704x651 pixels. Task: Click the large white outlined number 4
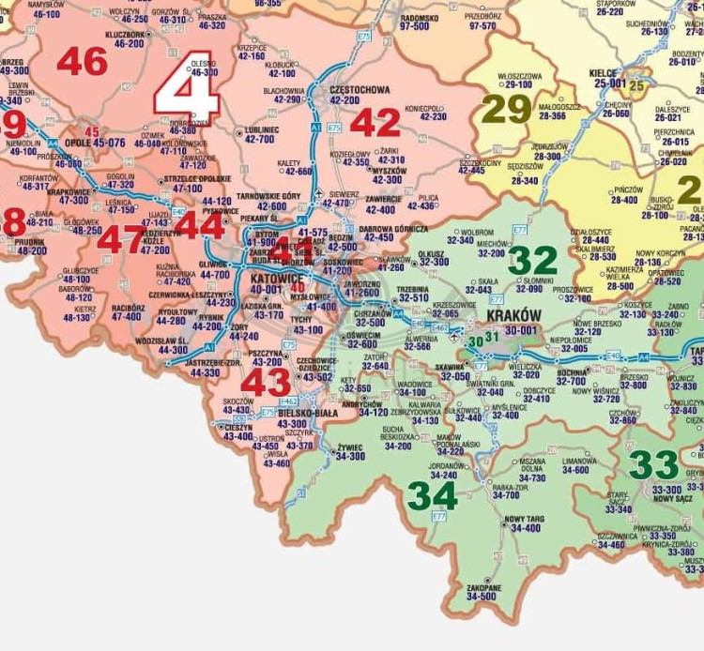(x=187, y=92)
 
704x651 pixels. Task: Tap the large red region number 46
(x=83, y=62)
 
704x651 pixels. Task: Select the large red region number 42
(x=375, y=122)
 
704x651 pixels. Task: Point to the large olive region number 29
(x=506, y=110)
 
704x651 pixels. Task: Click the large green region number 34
(x=432, y=495)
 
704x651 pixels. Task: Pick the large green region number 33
(x=653, y=464)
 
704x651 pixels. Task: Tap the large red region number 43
(x=266, y=382)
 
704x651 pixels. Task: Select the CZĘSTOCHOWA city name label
(x=360, y=89)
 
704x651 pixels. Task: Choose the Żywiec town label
(x=351, y=447)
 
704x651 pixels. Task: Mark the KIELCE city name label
(x=603, y=72)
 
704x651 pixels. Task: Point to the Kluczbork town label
(x=126, y=35)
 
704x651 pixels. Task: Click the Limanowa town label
(x=579, y=461)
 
